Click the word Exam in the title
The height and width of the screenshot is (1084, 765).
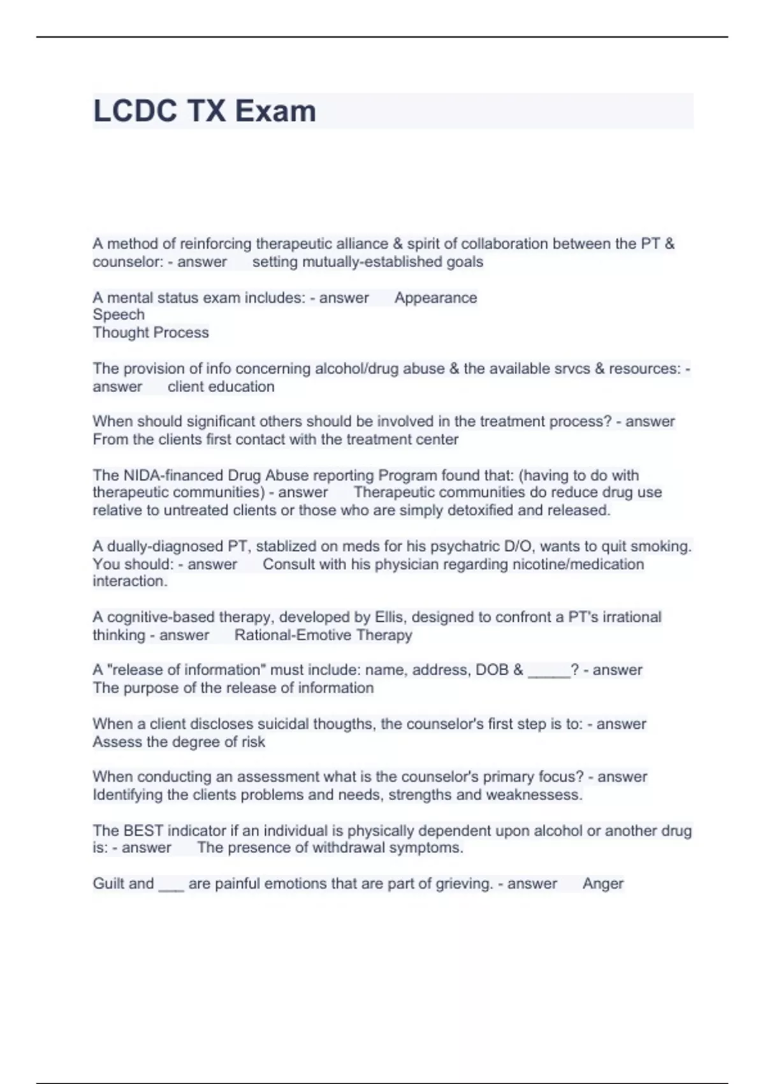pyautogui.click(x=275, y=111)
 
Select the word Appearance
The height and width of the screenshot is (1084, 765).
pyautogui.click(x=435, y=298)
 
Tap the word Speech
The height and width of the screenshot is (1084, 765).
pyautogui.click(x=119, y=314)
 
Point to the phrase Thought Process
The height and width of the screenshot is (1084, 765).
pyautogui.click(x=150, y=332)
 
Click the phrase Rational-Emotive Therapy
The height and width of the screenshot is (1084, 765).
pyautogui.click(x=323, y=635)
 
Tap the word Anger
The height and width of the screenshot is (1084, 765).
pyautogui.click(x=602, y=884)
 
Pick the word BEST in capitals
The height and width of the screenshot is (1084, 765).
pyautogui.click(x=143, y=831)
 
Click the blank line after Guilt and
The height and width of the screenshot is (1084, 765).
pyautogui.click(x=171, y=886)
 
